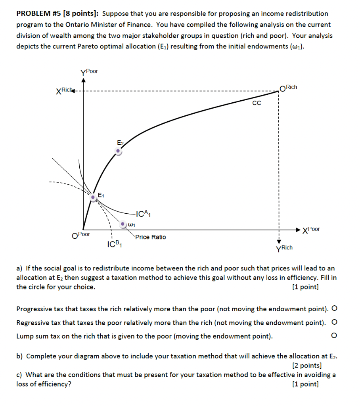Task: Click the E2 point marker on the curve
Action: pos(118,151)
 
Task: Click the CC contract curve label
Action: pos(257,103)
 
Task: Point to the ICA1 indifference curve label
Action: pos(143,215)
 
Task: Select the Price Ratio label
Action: pos(151,237)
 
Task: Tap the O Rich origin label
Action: pos(288,88)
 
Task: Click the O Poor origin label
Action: pos(81,235)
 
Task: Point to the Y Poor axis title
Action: pos(89,72)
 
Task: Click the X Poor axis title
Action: pos(311,230)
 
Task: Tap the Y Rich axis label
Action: pos(284,248)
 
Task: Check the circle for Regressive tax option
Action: pos(334,322)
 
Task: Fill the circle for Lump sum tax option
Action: pos(334,336)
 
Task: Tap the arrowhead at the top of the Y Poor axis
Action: pos(84,80)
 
